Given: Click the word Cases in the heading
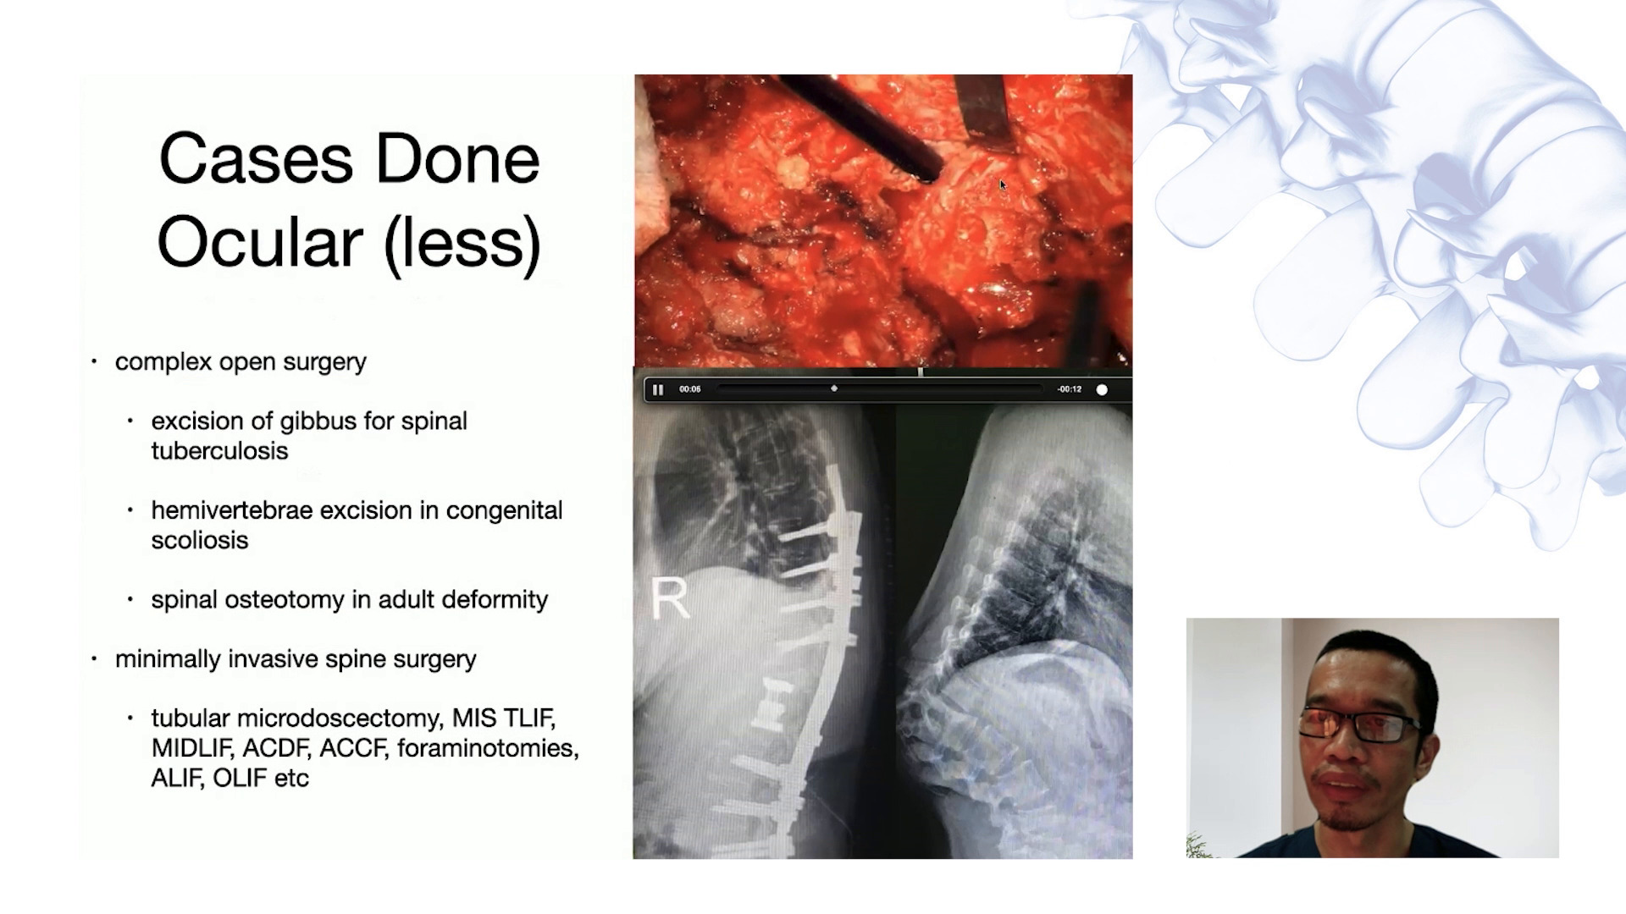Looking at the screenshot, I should coord(255,158).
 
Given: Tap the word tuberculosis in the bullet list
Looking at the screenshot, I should coord(219,451).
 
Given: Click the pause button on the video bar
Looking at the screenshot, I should coord(658,389).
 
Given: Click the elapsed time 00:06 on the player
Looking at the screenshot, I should coord(690,389).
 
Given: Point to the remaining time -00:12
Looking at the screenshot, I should coord(1069,389).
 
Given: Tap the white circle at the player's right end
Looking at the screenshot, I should coord(1102,389).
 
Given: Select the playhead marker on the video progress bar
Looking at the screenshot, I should coord(834,388).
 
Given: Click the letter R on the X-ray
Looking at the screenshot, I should coord(669,598).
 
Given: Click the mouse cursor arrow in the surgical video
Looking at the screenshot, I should coord(1003,184).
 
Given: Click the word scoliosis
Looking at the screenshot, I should coord(200,540).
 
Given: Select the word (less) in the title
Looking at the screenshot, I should coord(462,242).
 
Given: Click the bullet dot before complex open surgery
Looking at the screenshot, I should coord(95,361).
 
